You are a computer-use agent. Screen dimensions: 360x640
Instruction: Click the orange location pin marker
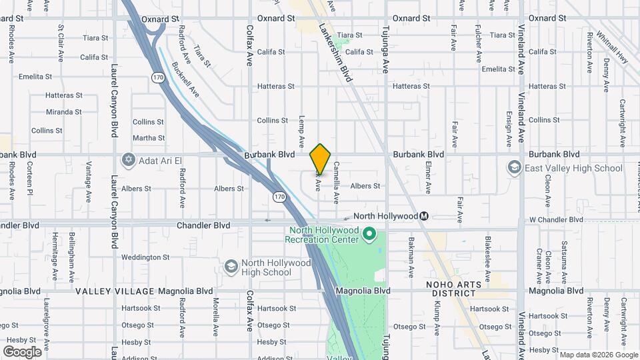click(x=320, y=159)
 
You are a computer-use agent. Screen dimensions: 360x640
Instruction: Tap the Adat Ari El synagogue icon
click(x=128, y=160)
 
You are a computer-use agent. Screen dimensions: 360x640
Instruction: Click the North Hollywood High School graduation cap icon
click(x=231, y=267)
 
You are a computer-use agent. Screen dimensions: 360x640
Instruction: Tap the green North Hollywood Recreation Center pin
click(x=371, y=235)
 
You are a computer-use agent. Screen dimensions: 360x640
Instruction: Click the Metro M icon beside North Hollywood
click(x=423, y=216)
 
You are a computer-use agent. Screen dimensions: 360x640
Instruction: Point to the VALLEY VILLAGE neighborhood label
click(x=115, y=291)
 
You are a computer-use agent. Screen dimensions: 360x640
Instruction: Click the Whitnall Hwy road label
click(x=613, y=47)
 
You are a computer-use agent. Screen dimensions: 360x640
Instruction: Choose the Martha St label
click(x=149, y=138)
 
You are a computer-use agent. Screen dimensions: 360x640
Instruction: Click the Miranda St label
click(x=64, y=112)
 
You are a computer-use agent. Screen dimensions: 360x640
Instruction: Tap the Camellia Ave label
click(x=337, y=177)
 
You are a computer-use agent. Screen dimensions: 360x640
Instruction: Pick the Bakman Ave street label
click(x=411, y=253)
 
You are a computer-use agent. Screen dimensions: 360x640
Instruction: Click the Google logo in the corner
click(x=22, y=351)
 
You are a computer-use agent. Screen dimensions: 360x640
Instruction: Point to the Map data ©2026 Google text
click(x=598, y=355)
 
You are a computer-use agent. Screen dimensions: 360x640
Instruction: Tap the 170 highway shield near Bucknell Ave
click(x=157, y=77)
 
